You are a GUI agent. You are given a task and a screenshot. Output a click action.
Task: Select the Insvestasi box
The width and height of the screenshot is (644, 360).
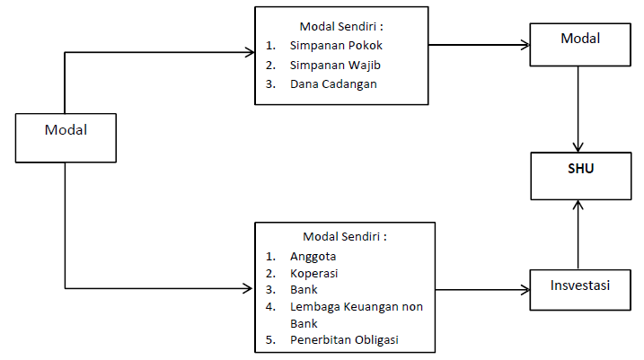(579, 287)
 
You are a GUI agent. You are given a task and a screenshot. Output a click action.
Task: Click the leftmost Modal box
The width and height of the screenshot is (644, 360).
(66, 137)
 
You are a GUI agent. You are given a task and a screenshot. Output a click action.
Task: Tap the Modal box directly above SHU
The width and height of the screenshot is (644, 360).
(579, 42)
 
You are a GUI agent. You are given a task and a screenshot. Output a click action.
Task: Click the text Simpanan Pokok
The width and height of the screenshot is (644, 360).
(330, 45)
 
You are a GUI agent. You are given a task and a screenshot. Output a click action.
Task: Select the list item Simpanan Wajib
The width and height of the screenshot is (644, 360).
(329, 65)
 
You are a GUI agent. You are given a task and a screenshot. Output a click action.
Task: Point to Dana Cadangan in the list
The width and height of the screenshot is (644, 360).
(333, 84)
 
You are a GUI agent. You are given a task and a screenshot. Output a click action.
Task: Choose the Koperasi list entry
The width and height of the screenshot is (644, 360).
(314, 273)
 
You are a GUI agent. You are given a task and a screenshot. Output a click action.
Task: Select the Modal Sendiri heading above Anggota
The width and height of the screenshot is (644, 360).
(346, 237)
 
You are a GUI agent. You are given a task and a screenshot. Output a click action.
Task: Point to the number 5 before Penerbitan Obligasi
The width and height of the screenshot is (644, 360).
(270, 339)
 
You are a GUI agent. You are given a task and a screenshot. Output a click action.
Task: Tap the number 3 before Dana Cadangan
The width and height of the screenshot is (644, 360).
(270, 84)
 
